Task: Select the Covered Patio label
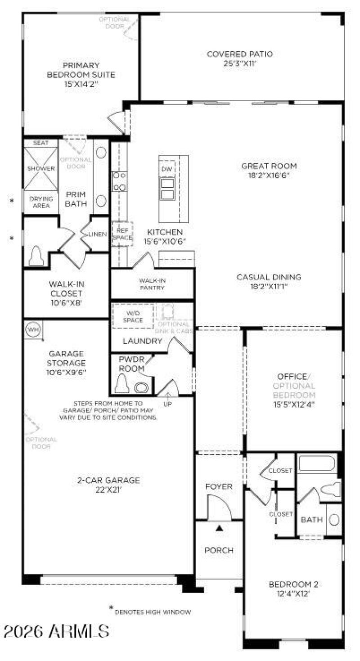[240, 54]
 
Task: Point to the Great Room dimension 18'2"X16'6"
[269, 175]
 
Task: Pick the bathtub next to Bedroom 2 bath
[317, 463]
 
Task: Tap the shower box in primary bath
[40, 169]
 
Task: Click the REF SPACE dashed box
[122, 234]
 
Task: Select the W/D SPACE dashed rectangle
[133, 316]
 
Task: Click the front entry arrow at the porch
[219, 528]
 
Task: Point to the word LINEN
[98, 234]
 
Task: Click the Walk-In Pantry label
[151, 284]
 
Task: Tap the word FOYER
[219, 487]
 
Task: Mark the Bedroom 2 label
[293, 585]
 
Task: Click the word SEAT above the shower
[41, 143]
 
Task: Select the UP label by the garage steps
[167, 404]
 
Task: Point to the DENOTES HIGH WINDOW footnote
[153, 612]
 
